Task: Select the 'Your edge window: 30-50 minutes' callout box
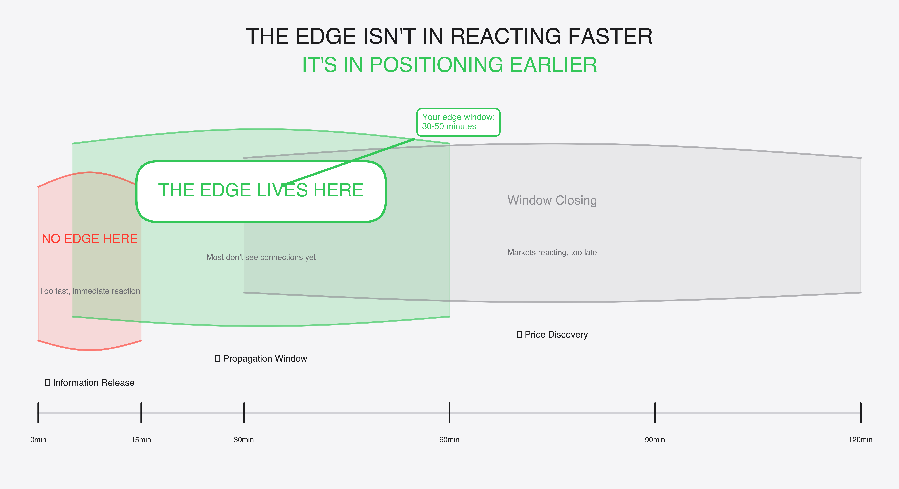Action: point(458,122)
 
